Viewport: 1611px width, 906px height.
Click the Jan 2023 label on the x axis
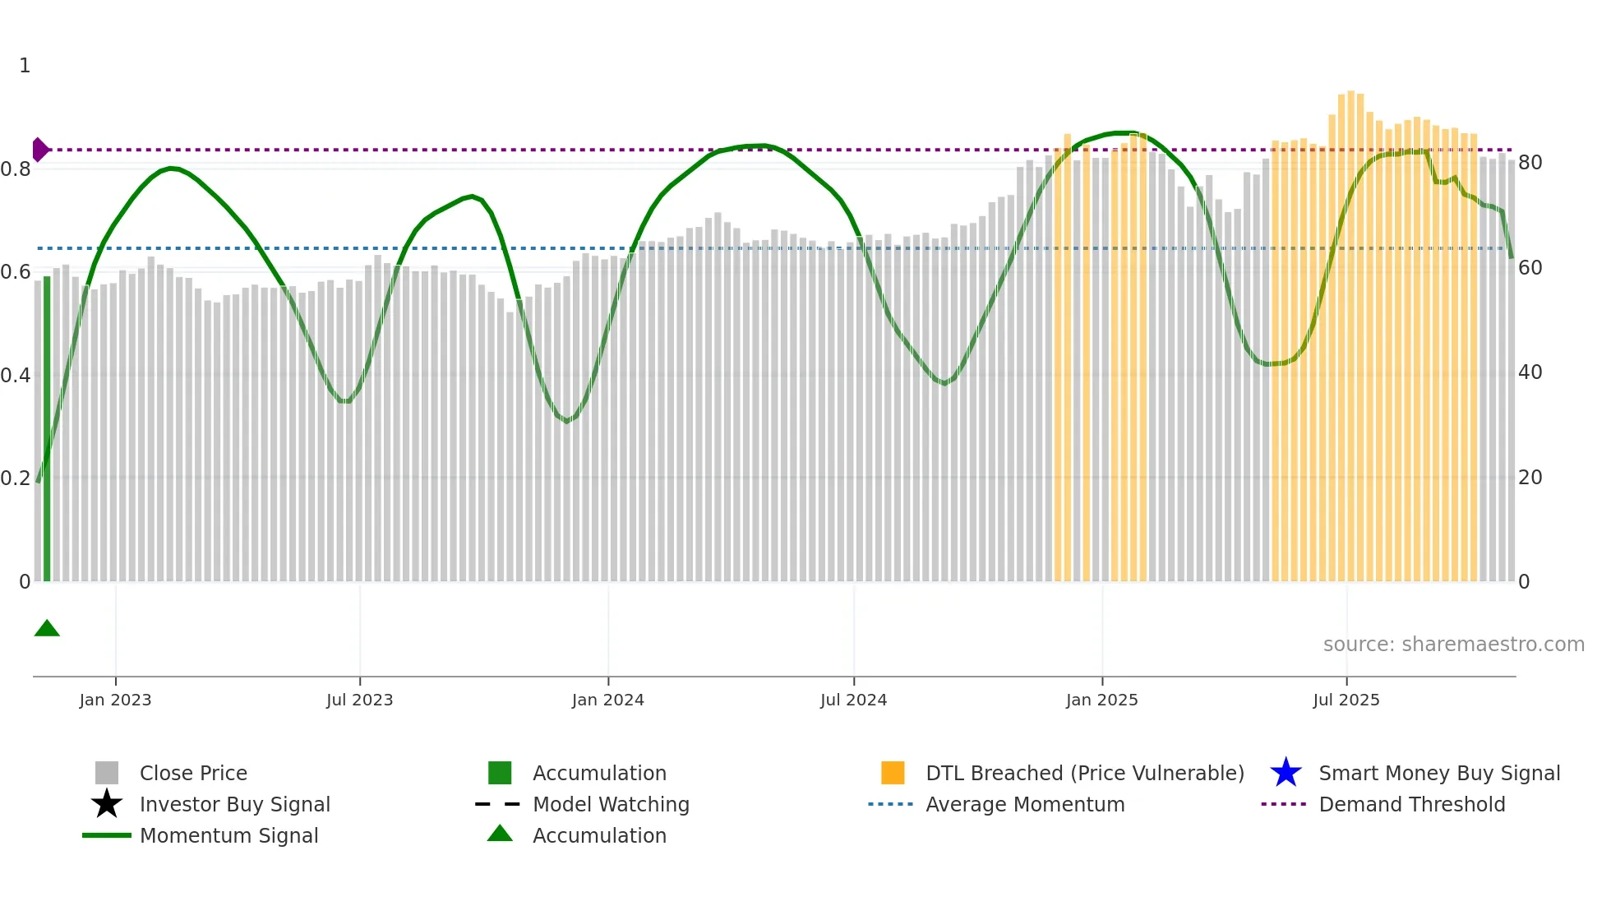115,700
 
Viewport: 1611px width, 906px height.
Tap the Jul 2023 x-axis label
359,700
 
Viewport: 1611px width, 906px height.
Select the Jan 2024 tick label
607,700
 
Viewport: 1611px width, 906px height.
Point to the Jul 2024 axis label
853,700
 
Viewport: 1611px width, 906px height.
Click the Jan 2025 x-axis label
1101,700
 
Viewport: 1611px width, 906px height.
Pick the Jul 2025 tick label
1346,700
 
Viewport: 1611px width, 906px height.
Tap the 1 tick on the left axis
25,66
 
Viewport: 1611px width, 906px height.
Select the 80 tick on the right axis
1530,163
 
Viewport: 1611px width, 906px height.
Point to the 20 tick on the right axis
1530,478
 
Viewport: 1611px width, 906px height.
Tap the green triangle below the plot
47,629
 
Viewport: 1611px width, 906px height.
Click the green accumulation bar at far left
47,428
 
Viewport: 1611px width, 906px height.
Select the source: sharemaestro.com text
1453,645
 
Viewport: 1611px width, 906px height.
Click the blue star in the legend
1286,773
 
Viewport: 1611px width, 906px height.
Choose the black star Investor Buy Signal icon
107,804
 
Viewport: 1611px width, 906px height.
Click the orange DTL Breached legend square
893,773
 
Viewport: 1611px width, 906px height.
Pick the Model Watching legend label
611,804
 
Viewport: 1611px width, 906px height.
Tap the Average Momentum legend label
1025,804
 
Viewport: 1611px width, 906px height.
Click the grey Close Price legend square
107,773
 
